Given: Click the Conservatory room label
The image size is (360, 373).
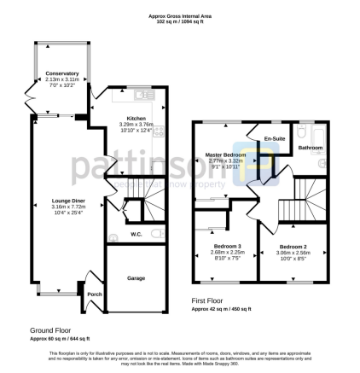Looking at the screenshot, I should (61, 73).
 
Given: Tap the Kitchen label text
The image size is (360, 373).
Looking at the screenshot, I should (136, 118).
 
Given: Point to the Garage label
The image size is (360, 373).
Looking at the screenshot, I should (136, 278).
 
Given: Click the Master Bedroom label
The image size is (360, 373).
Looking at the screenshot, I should (225, 154).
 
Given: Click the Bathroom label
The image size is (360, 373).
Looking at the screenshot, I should (310, 149).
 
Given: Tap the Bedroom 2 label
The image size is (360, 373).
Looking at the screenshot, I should (293, 247).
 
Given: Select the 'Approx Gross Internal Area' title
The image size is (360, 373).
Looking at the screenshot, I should (179, 5).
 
